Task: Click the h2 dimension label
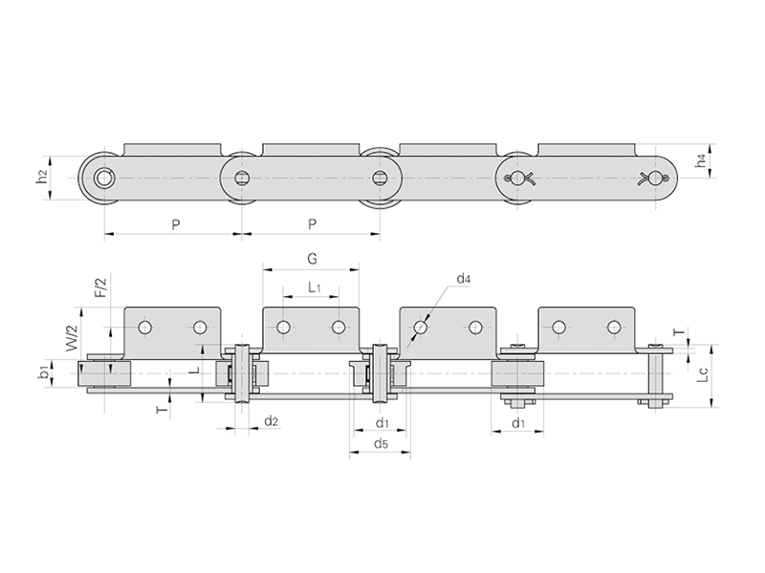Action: coord(43,177)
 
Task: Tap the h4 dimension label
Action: coord(701,160)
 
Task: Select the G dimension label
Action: coord(312,259)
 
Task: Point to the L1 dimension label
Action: coord(315,287)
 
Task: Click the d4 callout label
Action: coord(464,279)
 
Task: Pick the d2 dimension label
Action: coord(272,421)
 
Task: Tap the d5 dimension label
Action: coord(381,444)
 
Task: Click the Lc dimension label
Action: coord(703,374)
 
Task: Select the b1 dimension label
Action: coord(44,373)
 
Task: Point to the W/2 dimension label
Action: coord(72,338)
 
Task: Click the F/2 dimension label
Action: coord(100,286)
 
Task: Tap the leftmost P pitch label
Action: coord(176,224)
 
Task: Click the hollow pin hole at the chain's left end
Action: coord(103,179)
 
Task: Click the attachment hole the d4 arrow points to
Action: coord(421,327)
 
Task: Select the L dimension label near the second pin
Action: coord(195,371)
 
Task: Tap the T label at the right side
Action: coord(679,332)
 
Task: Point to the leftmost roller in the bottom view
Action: coord(104,374)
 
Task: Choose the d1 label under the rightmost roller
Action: coord(518,423)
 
